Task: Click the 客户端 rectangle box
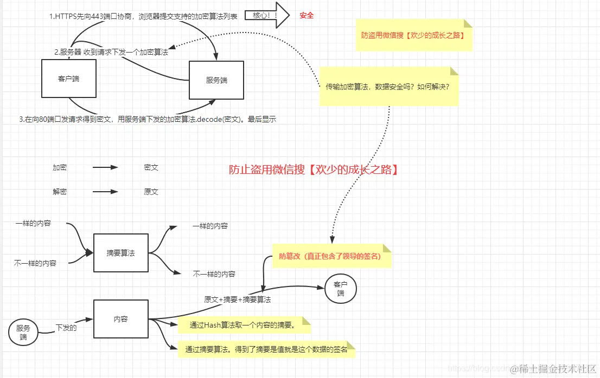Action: [x=69, y=79]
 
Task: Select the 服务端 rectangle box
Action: [x=216, y=80]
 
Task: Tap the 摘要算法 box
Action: [x=120, y=252]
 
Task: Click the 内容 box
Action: [x=120, y=319]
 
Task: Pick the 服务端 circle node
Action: [x=23, y=332]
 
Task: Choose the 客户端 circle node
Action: [x=340, y=289]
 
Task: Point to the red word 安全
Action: [x=307, y=16]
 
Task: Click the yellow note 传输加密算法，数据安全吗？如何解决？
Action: [x=388, y=86]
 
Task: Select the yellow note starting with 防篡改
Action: [x=331, y=256]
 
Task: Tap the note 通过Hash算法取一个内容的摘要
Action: [x=242, y=325]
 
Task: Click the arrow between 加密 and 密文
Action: [x=105, y=167]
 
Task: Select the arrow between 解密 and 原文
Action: [x=105, y=192]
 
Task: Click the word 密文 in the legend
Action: [x=151, y=167]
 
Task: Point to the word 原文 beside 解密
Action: [x=151, y=192]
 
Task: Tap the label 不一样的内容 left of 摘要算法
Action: [x=35, y=263]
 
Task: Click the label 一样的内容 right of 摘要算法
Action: [x=210, y=226]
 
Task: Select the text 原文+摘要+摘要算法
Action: [x=237, y=299]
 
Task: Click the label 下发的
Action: [x=66, y=328]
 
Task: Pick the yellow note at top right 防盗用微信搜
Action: [x=414, y=35]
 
